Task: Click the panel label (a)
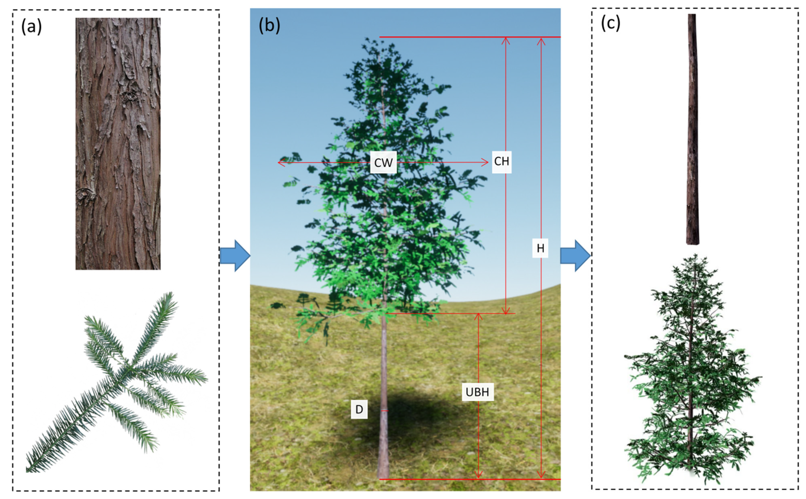click(x=32, y=26)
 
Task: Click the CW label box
click(x=383, y=162)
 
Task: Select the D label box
click(x=359, y=409)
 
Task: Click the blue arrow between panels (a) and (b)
click(x=235, y=256)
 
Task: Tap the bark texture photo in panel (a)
click(x=118, y=144)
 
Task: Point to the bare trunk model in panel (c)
click(x=693, y=129)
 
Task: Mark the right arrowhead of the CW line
click(x=486, y=162)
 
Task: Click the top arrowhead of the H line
click(x=541, y=40)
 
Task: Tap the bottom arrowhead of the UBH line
click(x=478, y=476)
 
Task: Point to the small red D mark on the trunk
click(x=384, y=411)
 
